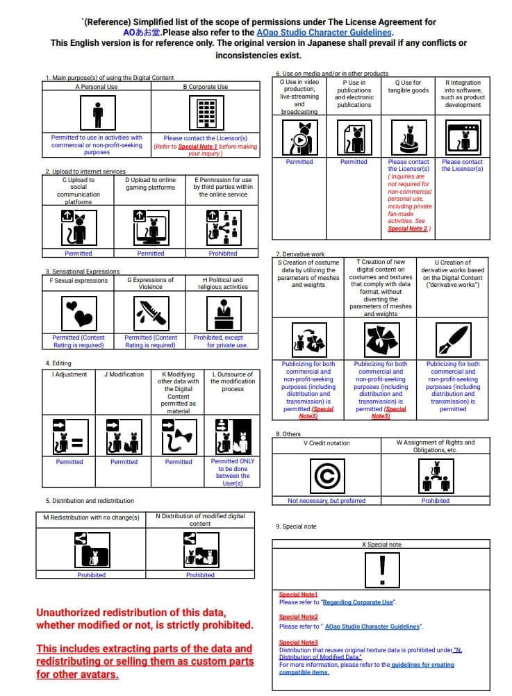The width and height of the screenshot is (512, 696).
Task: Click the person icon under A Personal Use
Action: (97, 112)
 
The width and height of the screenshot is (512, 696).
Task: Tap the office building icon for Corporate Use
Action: (205, 112)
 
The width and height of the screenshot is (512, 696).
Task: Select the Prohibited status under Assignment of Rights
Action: (436, 500)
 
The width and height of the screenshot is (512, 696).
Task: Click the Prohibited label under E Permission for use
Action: (223, 254)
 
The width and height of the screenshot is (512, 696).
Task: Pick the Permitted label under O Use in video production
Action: (299, 162)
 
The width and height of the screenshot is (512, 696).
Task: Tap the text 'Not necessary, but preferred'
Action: (327, 500)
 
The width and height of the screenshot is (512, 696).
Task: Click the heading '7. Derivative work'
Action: (300, 254)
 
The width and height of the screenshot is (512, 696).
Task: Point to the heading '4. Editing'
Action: (58, 363)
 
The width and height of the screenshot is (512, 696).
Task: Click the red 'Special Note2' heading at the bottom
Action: (298, 617)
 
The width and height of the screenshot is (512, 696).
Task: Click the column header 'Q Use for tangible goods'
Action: (408, 87)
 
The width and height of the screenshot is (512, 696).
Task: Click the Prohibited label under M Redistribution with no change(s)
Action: (91, 574)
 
